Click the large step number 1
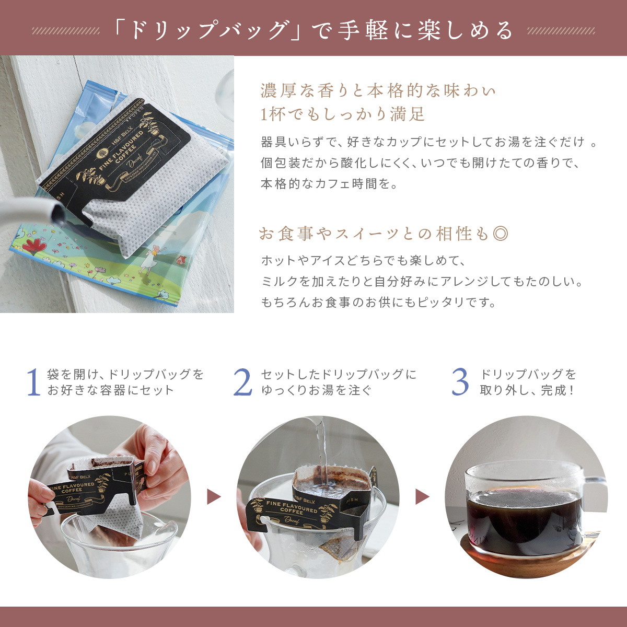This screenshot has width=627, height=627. point(34,382)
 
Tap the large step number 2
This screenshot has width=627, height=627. point(243,382)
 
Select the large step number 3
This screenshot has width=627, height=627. point(460,382)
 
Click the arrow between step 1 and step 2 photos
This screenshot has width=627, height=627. point(214,497)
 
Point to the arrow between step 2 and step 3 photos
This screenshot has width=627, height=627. point(422,497)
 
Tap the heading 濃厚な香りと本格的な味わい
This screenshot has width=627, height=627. point(377,91)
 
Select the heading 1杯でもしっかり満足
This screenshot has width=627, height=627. point(343,114)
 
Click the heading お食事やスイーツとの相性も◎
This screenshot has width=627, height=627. point(384,234)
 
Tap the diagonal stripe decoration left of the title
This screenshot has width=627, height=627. point(66,31)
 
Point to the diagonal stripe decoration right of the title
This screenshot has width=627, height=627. point(561,31)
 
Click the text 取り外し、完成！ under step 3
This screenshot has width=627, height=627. point(527,390)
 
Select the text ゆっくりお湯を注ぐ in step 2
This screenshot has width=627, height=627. point(316,390)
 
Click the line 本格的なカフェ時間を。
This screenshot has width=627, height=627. point(329,184)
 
